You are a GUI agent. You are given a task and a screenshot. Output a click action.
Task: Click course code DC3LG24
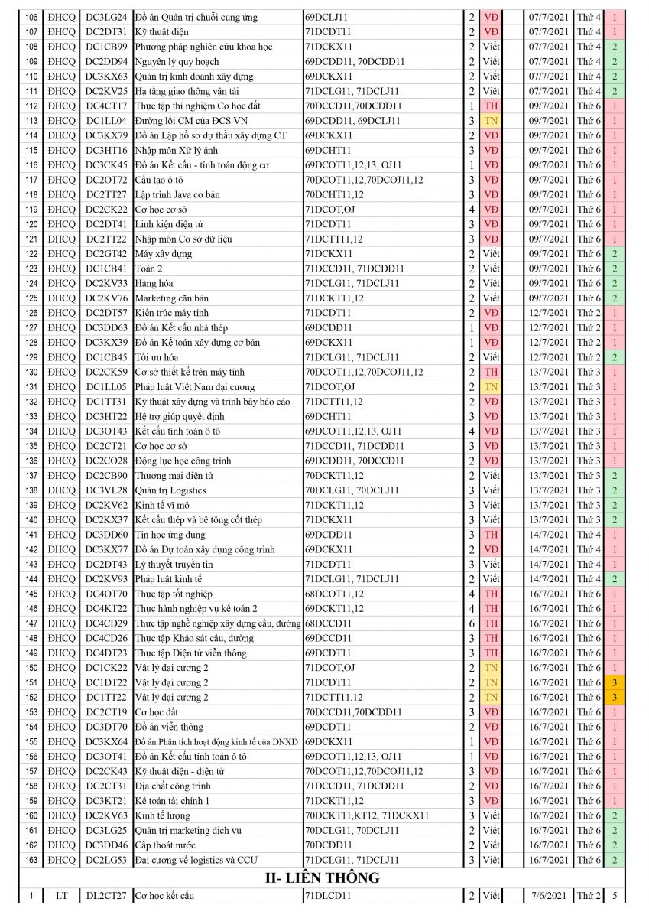point(105,17)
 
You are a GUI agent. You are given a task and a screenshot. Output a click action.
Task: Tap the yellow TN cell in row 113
point(491,121)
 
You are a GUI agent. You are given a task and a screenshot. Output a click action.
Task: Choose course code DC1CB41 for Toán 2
point(105,269)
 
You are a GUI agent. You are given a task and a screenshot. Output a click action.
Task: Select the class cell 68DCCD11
point(329,623)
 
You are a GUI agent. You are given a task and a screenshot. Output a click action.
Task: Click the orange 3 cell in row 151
point(614,682)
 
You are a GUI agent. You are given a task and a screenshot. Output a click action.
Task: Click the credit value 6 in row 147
point(472,623)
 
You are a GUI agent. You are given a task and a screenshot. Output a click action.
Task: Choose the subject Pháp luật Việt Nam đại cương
point(194,387)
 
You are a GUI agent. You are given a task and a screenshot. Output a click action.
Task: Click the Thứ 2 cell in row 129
point(589,357)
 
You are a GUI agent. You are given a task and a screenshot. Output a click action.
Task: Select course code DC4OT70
point(105,594)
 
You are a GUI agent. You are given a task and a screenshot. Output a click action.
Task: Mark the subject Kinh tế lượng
point(162,815)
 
